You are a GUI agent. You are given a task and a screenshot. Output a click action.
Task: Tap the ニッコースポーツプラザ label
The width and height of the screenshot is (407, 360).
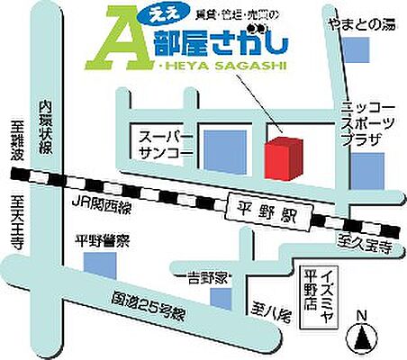[364, 122]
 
